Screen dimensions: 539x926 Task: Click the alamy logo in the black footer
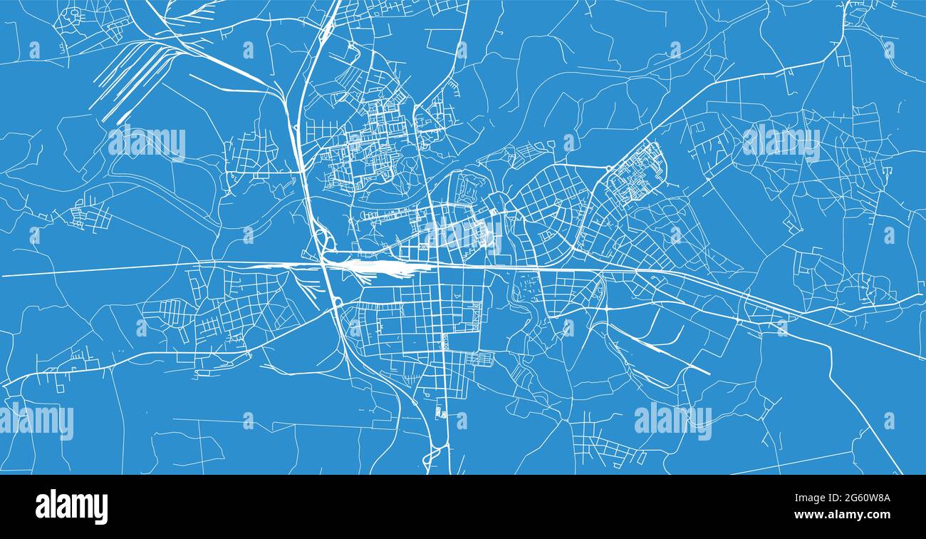tap(72, 507)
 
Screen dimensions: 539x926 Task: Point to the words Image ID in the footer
tap(809, 498)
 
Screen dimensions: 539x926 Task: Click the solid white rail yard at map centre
tap(385, 268)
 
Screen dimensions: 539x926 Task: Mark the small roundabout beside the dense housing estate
tap(609, 169)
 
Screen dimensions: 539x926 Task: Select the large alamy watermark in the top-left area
tap(147, 142)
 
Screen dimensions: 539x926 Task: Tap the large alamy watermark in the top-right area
tap(781, 142)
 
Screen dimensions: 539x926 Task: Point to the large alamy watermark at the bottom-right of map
tap(672, 421)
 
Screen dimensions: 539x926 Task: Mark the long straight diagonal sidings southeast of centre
tap(659, 349)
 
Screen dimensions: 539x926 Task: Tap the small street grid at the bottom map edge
tap(605, 449)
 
